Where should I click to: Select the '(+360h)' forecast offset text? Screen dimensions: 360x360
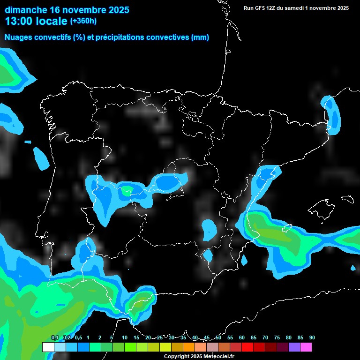[83, 21]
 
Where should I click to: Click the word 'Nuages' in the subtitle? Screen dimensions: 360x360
[19, 37]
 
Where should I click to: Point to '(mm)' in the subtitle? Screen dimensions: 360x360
[200, 37]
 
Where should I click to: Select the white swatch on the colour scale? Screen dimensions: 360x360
[48, 347]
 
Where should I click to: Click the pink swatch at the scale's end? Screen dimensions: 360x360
[306, 347]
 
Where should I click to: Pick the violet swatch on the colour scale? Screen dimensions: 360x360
[294, 347]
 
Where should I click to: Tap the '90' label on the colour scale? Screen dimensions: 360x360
[312, 337]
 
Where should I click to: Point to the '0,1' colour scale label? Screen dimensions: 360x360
[55, 337]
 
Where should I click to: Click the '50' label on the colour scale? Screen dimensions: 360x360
[218, 337]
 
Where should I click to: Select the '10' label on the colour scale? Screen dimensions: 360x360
[125, 337]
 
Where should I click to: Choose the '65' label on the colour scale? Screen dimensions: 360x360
[254, 337]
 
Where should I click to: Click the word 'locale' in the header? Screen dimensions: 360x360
[51, 21]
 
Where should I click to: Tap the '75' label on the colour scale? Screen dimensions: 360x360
[277, 337]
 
